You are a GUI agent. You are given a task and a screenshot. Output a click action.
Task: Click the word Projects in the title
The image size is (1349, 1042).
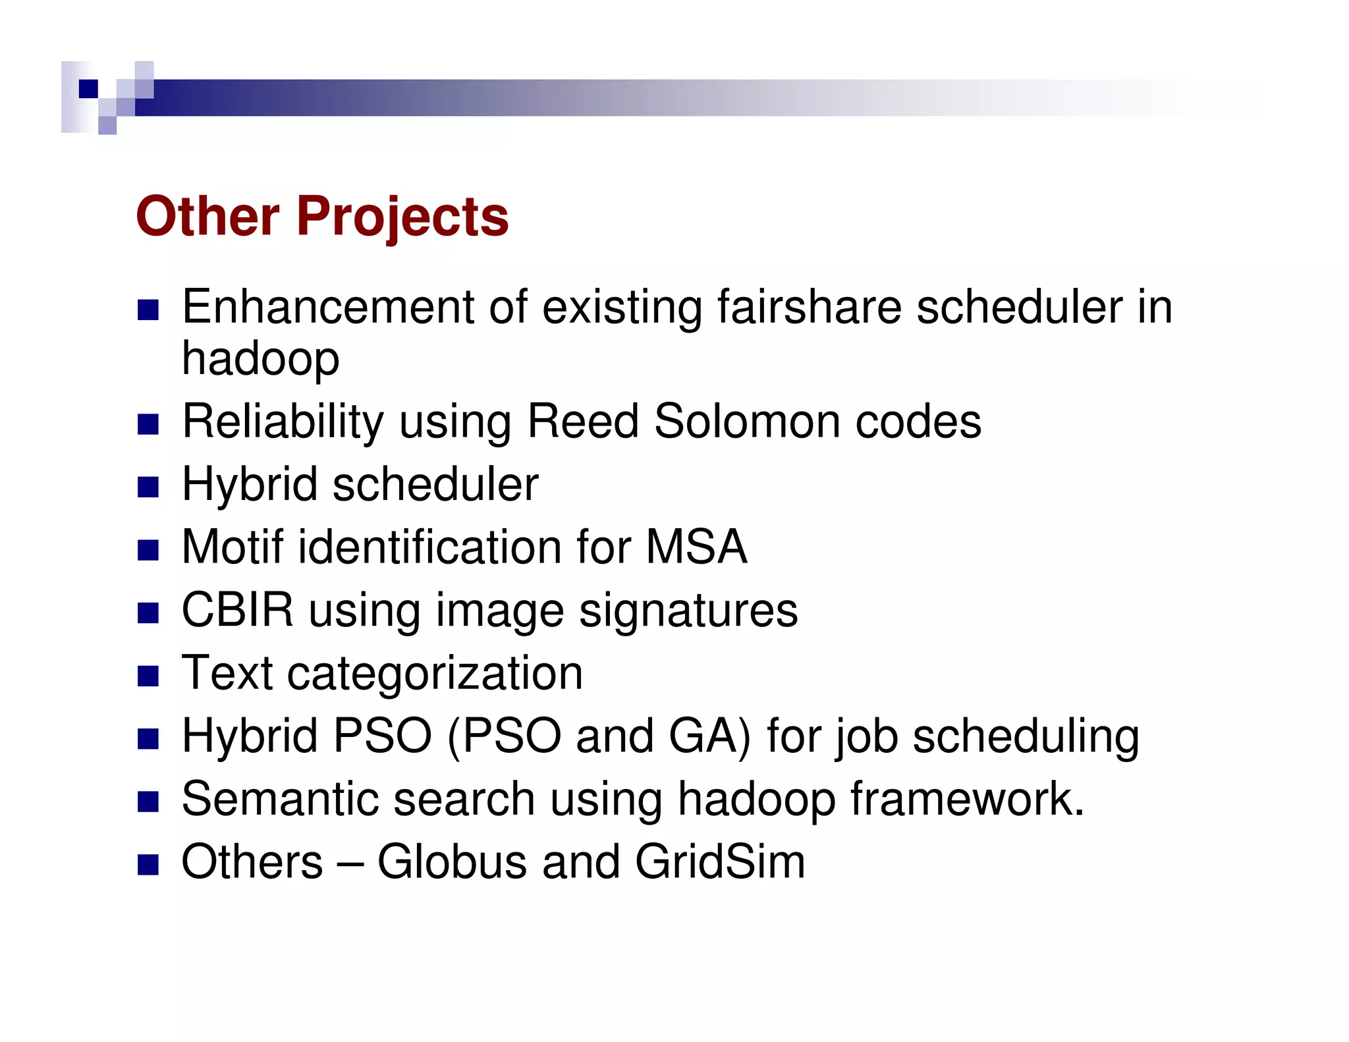[x=402, y=217]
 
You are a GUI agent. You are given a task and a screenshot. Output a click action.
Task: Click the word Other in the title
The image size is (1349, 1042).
[x=207, y=217]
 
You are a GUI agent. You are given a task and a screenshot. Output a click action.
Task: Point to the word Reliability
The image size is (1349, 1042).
[x=283, y=422]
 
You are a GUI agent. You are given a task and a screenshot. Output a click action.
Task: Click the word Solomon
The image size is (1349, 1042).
[x=746, y=422]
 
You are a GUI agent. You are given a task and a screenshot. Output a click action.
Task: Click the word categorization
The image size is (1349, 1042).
[x=435, y=673]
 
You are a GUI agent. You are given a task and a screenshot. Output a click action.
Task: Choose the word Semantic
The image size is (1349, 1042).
[x=280, y=799]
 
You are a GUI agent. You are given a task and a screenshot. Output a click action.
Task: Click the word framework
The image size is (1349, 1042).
[x=967, y=799]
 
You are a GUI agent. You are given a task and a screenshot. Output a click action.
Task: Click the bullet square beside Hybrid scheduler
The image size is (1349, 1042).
[x=148, y=487]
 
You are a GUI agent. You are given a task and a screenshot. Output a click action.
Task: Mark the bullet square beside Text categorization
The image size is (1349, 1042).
[x=148, y=676]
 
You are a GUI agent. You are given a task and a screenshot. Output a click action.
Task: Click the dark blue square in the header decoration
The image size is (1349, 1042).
[x=88, y=88]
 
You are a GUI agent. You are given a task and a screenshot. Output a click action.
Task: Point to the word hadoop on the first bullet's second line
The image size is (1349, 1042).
[x=260, y=359]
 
